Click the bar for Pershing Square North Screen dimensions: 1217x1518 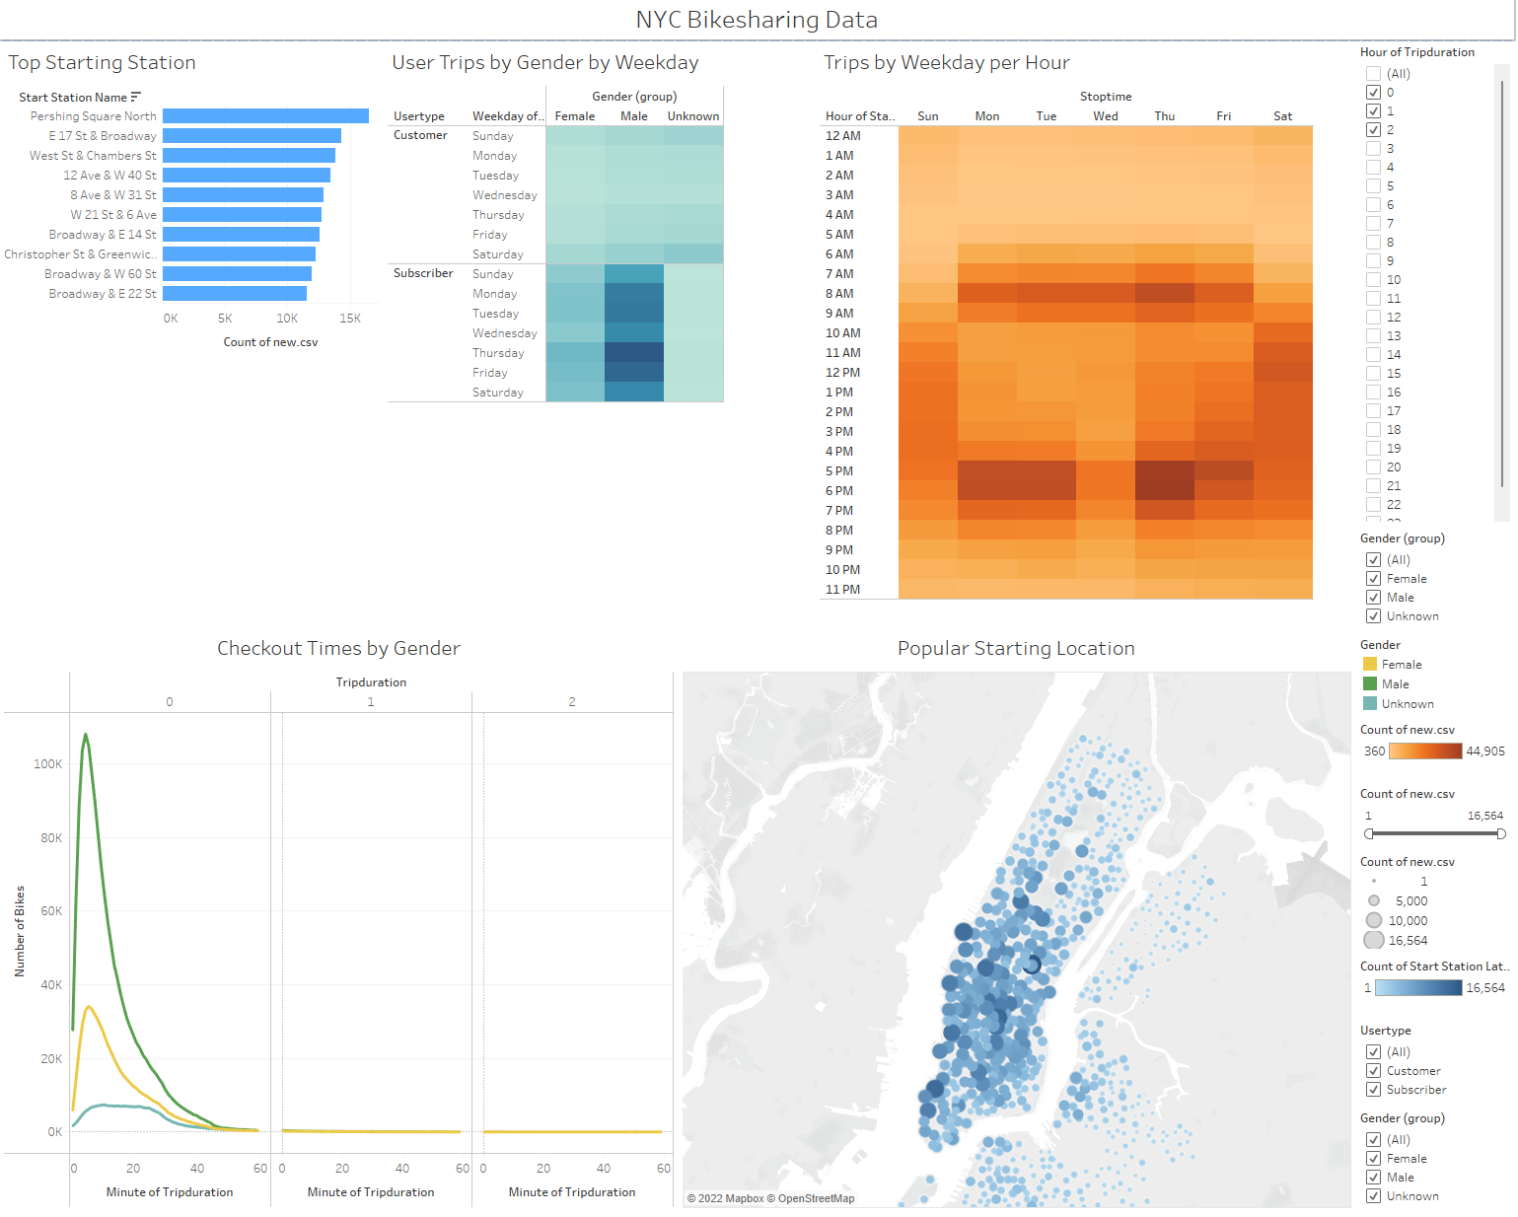265,116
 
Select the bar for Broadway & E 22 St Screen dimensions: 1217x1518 235,294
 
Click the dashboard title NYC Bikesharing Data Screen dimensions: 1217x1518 757,20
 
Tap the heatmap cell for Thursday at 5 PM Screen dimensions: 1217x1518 1164,471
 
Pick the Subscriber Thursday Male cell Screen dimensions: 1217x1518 633,353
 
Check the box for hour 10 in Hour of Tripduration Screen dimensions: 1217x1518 1373,280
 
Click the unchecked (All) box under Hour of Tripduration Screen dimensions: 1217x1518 1373,74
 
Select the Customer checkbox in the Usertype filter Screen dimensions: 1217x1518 1373,1071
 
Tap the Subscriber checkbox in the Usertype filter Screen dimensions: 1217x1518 1373,1090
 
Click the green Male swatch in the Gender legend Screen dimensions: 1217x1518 1369,684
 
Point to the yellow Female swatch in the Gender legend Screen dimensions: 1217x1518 1369,665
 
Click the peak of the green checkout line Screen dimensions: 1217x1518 86,735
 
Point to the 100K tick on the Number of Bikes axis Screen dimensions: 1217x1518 47,764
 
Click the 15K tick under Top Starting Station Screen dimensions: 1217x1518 350,319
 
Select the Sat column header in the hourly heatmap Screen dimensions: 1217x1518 1282,116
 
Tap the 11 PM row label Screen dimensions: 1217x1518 842,590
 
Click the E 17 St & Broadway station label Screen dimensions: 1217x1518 103,136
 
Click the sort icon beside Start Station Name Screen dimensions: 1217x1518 136,97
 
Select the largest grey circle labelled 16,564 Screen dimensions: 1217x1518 1374,941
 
